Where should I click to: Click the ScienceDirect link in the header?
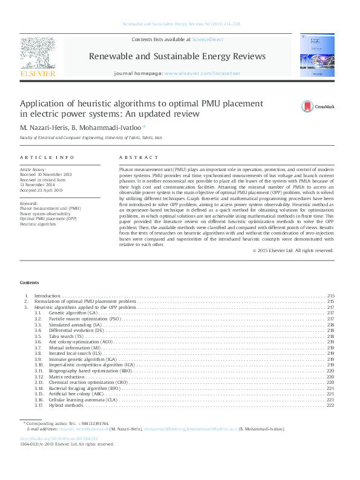tap(208, 39)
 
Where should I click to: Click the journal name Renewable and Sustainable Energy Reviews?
tap(177, 56)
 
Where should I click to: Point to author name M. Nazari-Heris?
tap(42, 128)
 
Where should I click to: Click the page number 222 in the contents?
tap(330, 405)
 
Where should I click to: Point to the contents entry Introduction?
tap(48, 296)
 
